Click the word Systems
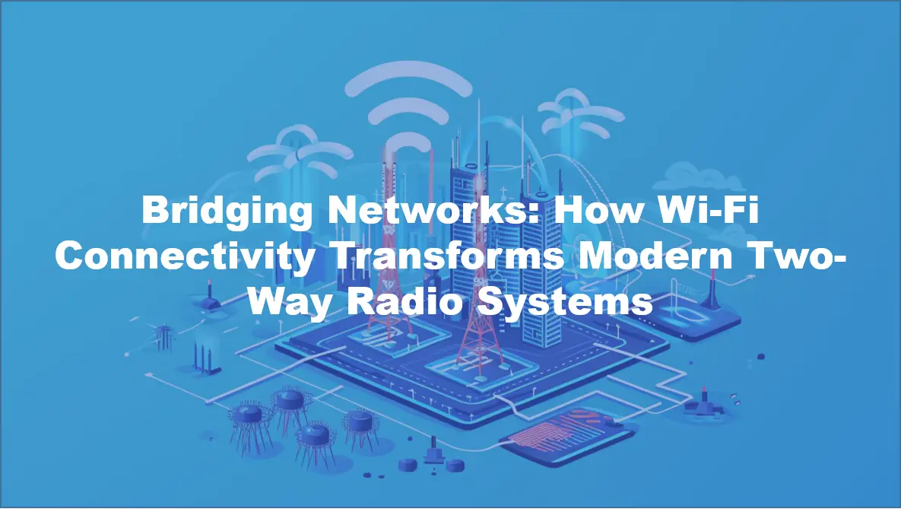pos(573,303)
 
